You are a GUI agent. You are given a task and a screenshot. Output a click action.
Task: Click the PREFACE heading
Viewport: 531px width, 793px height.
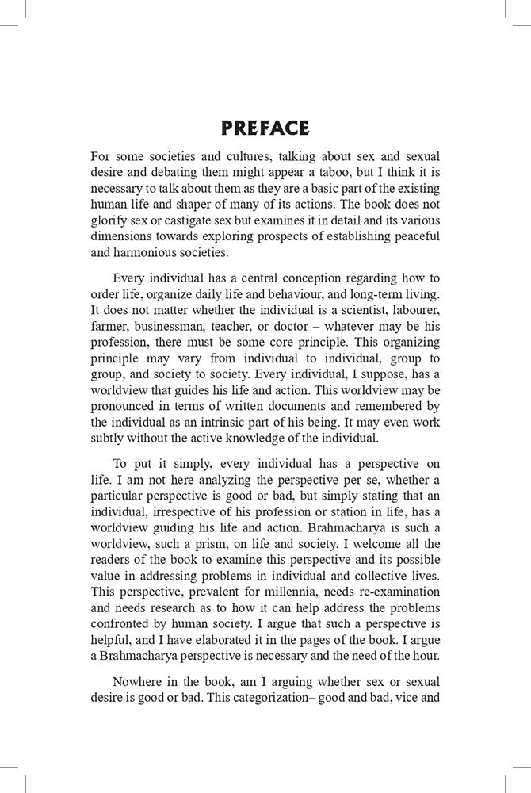pyautogui.click(x=265, y=128)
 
